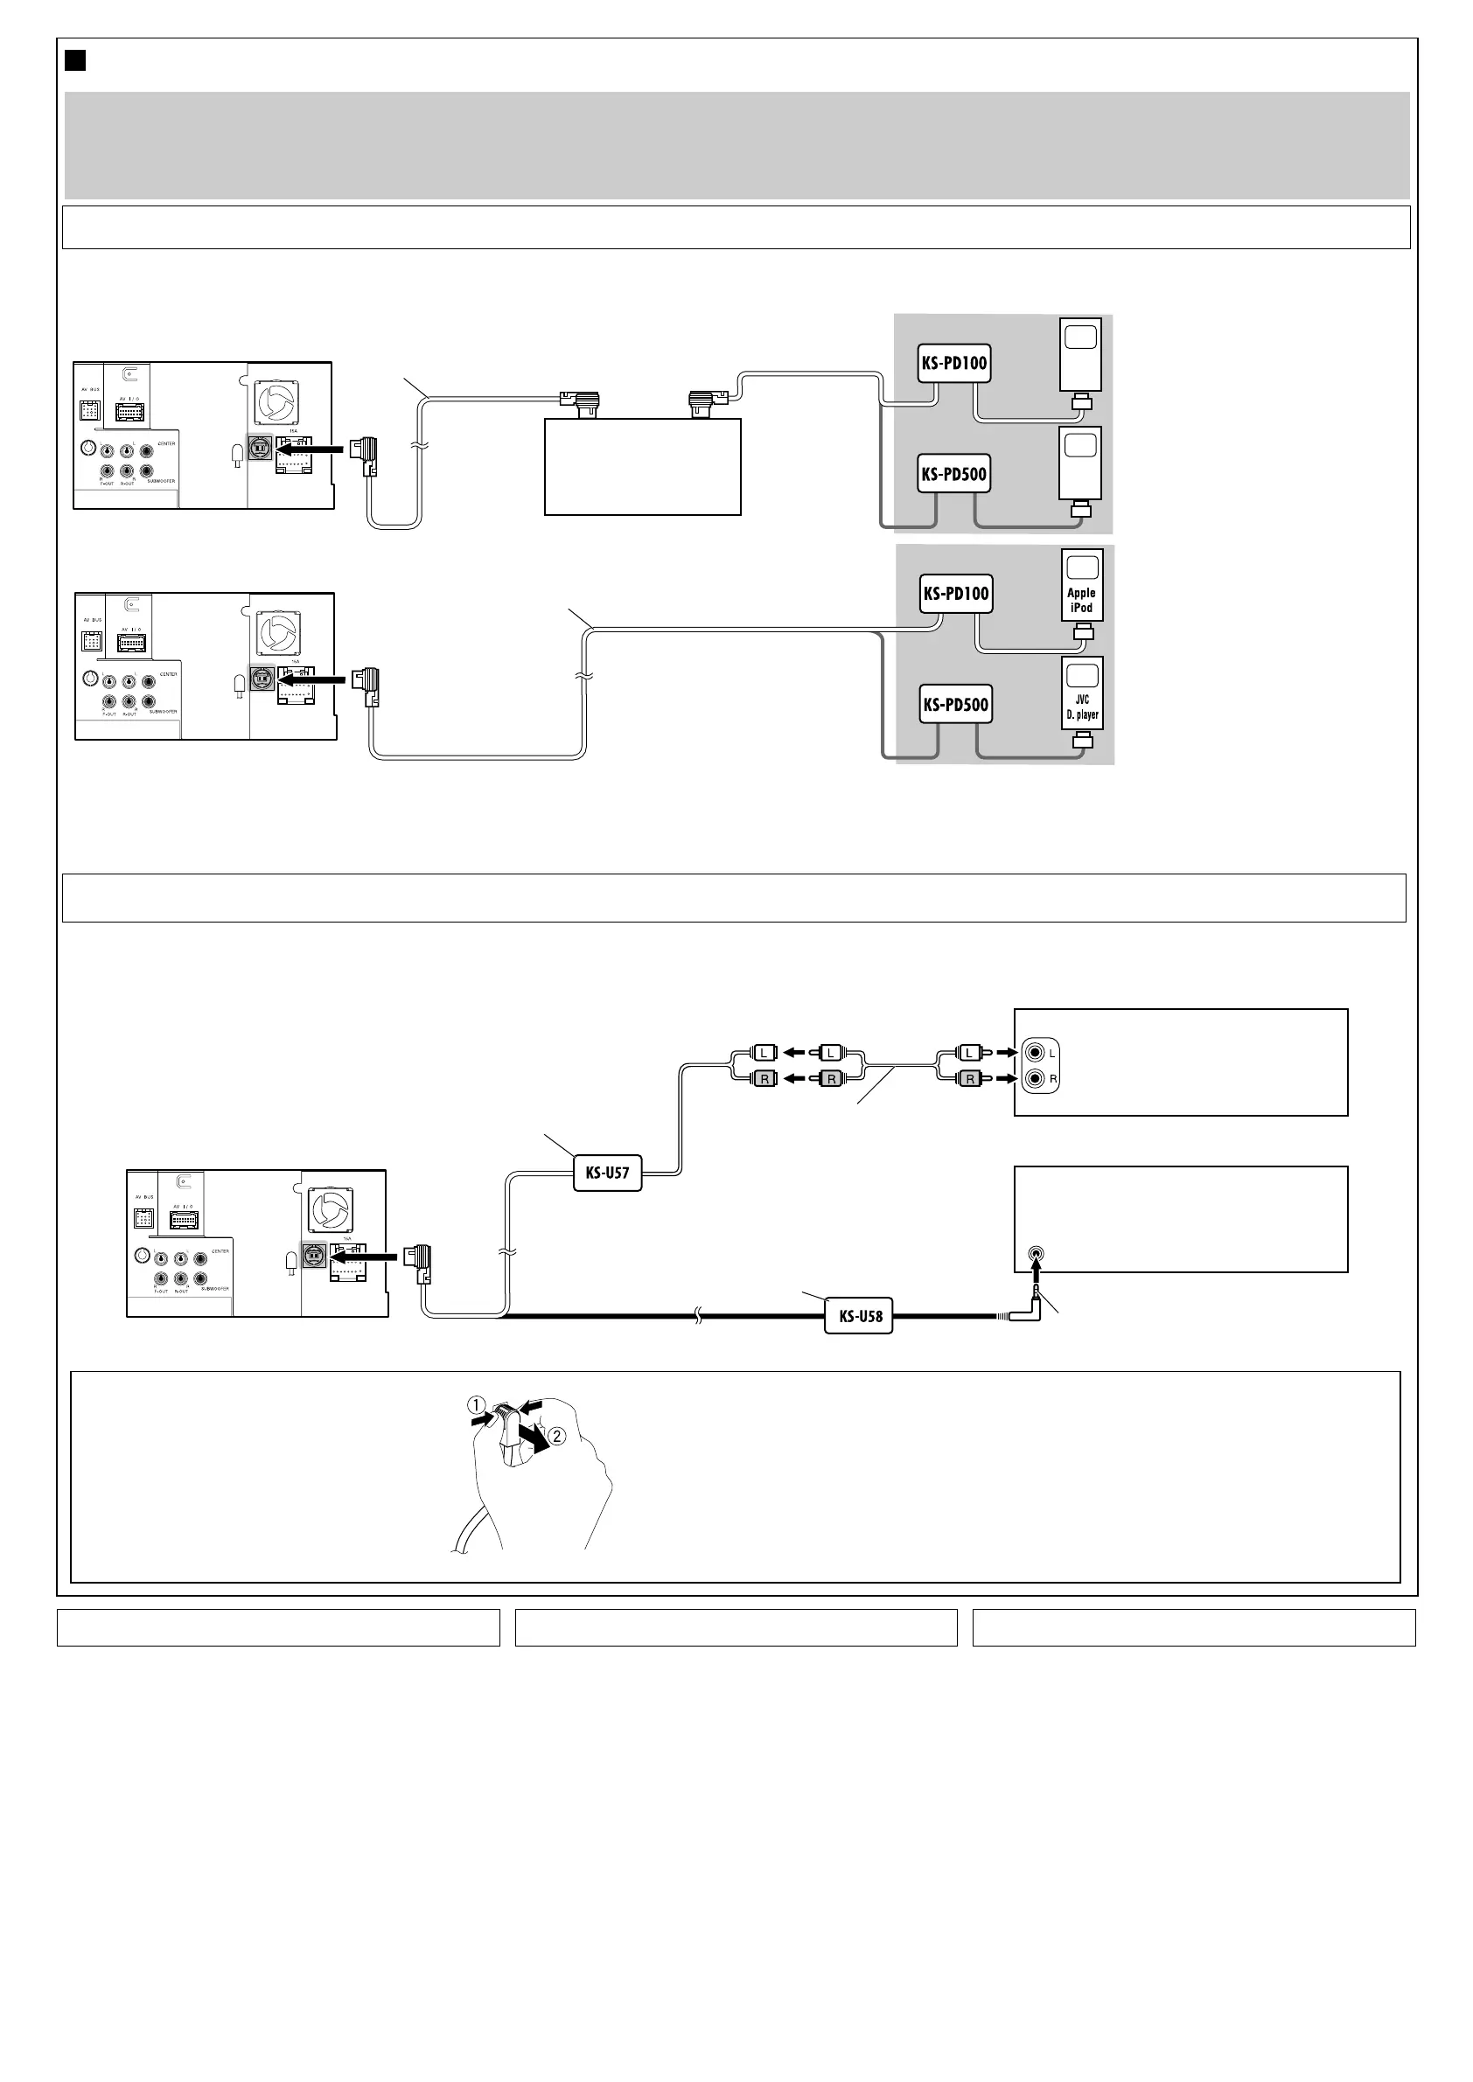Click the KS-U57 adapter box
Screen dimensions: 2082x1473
pyautogui.click(x=607, y=1173)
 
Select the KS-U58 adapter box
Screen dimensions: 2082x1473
pyautogui.click(x=858, y=1316)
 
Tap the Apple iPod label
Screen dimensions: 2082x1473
pyautogui.click(x=1081, y=601)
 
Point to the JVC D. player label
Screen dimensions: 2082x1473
pyautogui.click(x=1082, y=707)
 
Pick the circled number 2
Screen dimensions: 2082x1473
pyautogui.click(x=558, y=1436)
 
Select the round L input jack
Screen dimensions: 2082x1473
pyautogui.click(x=1035, y=1053)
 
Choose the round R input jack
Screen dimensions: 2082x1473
pyautogui.click(x=1035, y=1079)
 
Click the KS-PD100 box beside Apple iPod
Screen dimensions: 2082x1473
pyautogui.click(x=956, y=594)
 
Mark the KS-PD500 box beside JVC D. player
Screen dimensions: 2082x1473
pyautogui.click(x=956, y=705)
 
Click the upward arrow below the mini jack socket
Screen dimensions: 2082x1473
pyautogui.click(x=1037, y=1285)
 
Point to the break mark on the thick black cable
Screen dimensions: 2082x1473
pyautogui.click(x=697, y=1316)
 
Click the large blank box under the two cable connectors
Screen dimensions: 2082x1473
pyautogui.click(x=642, y=467)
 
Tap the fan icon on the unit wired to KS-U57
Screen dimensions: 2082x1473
pyautogui.click(x=330, y=1209)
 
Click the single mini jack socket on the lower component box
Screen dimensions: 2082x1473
pyautogui.click(x=1037, y=1254)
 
